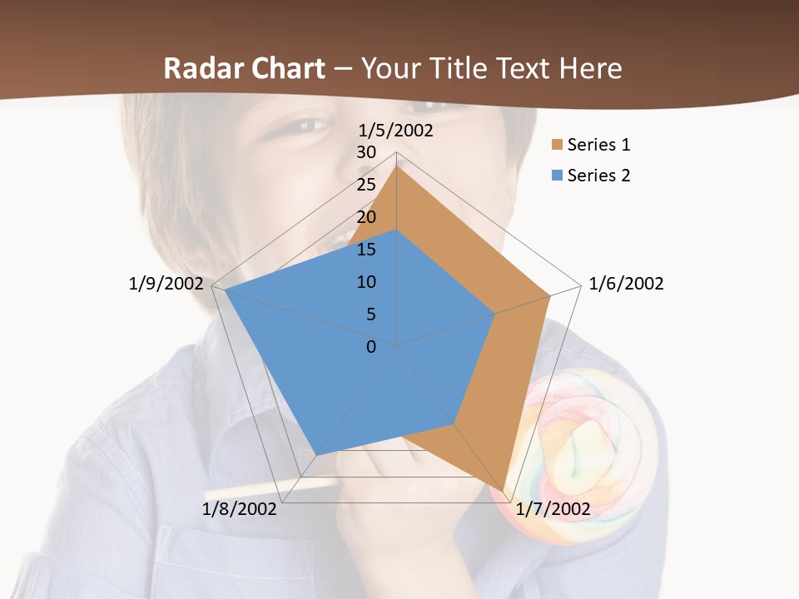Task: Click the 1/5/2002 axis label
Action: coord(395,131)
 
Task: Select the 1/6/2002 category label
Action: coord(626,284)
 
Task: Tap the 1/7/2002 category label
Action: coord(553,509)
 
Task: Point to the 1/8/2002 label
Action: coord(240,509)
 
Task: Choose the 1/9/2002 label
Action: coord(166,284)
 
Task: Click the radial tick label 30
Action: coord(366,152)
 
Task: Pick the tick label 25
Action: coord(366,185)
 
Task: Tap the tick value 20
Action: coord(366,217)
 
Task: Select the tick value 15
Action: coord(366,250)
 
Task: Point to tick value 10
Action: coord(366,282)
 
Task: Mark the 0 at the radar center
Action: coord(371,347)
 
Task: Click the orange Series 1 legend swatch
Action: coord(557,146)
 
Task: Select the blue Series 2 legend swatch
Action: coord(557,176)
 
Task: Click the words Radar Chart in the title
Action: coord(244,68)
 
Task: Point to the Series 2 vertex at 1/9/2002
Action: coord(225,290)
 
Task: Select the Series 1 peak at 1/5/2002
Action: coord(397,166)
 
